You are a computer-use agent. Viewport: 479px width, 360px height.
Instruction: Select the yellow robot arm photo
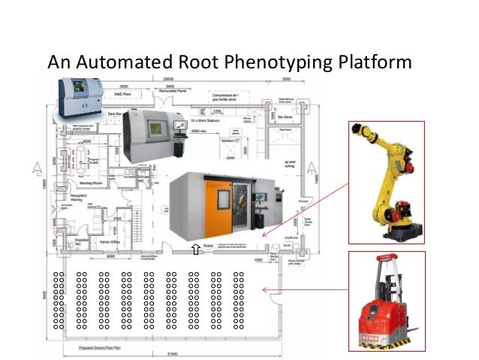(387, 180)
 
